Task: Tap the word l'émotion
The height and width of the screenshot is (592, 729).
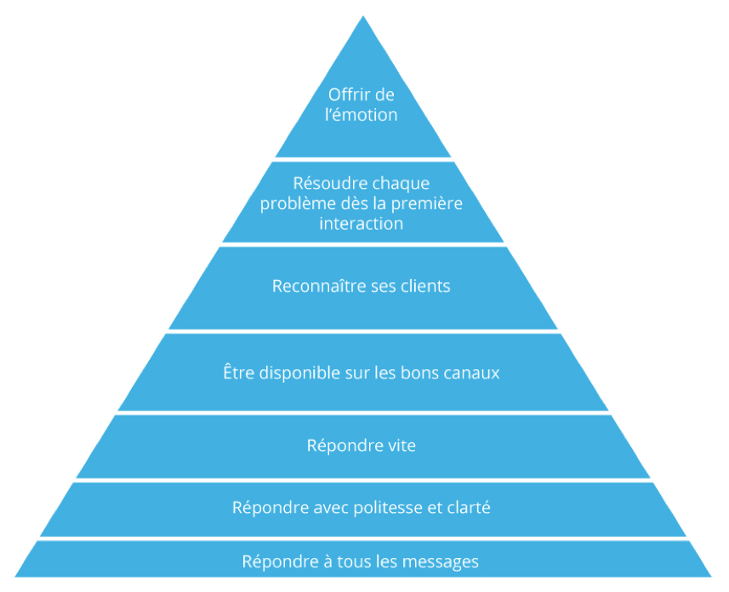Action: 362,115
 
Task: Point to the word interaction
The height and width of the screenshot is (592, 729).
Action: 362,224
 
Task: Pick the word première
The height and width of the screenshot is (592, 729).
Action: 430,203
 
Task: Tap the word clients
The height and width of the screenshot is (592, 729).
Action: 423,287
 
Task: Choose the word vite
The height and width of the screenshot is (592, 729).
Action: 400,446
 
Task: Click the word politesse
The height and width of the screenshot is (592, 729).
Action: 388,509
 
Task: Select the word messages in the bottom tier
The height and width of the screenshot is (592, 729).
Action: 441,562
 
